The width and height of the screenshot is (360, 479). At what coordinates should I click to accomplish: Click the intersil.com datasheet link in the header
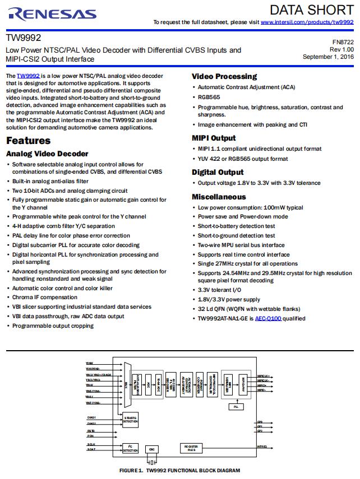click(x=307, y=22)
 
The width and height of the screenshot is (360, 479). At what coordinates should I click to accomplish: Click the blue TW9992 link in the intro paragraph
click(x=28, y=76)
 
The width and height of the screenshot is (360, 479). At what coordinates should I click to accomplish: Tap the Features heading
click(x=28, y=141)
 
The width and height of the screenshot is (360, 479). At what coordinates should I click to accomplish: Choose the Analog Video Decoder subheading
click(x=47, y=154)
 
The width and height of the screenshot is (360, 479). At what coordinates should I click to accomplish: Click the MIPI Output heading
click(x=214, y=138)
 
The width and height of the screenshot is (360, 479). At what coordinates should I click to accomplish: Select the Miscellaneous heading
click(x=219, y=197)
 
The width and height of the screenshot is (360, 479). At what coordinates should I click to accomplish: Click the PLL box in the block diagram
click(x=236, y=406)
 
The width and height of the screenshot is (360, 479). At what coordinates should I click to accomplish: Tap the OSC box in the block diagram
click(x=151, y=449)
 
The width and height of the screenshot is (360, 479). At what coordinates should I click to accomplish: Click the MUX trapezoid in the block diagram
click(x=128, y=384)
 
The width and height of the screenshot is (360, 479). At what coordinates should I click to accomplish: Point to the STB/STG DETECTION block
click(x=130, y=419)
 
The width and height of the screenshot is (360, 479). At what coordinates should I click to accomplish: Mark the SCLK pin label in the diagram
click(x=91, y=444)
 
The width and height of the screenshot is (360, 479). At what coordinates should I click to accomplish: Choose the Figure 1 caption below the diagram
click(x=179, y=471)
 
